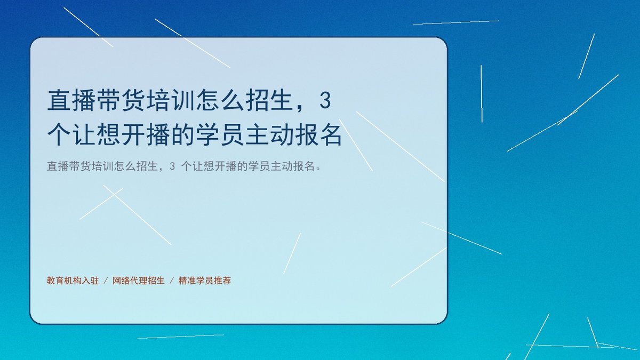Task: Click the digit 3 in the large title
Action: pyautogui.click(x=325, y=101)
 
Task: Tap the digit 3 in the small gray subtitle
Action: pyautogui.click(x=172, y=166)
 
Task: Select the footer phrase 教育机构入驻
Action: pyautogui.click(x=73, y=281)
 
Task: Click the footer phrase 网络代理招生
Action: pyautogui.click(x=139, y=281)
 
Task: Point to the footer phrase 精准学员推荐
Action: pyautogui.click(x=205, y=281)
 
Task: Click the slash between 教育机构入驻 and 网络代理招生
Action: pyautogui.click(x=106, y=281)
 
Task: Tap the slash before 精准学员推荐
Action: pyautogui.click(x=171, y=281)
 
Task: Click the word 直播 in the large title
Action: pyautogui.click(x=71, y=100)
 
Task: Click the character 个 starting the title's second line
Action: pyautogui.click(x=59, y=134)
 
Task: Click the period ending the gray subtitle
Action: pyautogui.click(x=319, y=169)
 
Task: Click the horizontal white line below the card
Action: pyautogui.click(x=181, y=337)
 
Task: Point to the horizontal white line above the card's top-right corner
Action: pyautogui.click(x=455, y=22)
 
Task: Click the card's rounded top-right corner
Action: pyautogui.click(x=444, y=41)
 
